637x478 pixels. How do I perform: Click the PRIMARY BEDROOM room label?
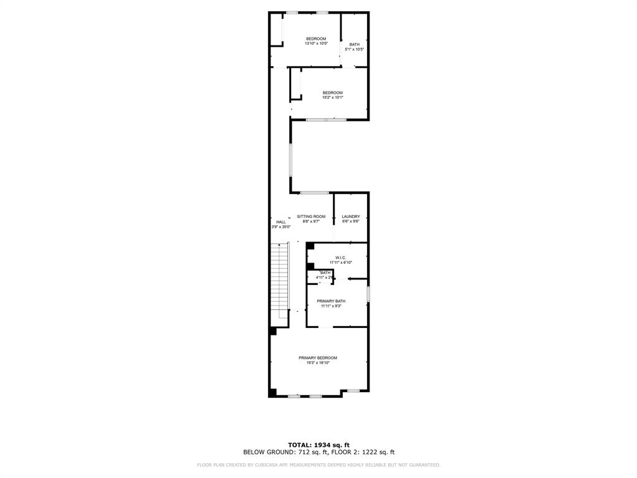tap(318, 358)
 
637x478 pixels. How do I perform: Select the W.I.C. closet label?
tap(340, 258)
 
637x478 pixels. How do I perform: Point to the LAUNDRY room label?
tap(351, 217)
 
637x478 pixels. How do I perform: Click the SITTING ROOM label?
tap(311, 217)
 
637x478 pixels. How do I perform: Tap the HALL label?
tap(281, 222)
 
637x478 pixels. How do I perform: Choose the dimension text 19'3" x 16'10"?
tap(318, 363)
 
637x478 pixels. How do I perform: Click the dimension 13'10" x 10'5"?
tap(316, 44)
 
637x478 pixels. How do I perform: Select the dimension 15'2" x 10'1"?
tap(333, 98)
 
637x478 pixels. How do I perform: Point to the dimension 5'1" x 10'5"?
tap(354, 49)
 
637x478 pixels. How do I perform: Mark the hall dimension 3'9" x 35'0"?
tap(281, 227)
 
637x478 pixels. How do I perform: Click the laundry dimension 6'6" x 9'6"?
tap(351, 222)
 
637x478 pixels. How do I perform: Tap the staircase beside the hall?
tap(281, 280)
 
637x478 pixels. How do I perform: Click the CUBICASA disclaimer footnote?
tap(318, 465)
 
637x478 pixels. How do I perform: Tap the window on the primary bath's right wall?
tap(368, 294)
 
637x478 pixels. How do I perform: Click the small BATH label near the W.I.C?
tap(325, 273)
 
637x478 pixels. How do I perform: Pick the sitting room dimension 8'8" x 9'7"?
tap(311, 222)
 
